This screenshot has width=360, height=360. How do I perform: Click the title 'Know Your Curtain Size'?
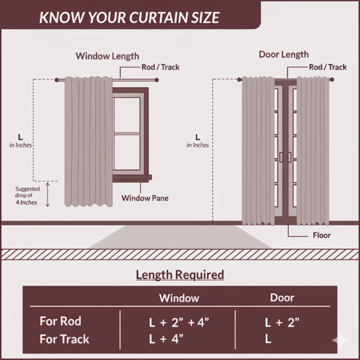tap(129, 17)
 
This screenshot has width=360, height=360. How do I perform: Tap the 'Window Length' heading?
tap(107, 56)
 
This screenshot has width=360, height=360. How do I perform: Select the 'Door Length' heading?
tap(284, 54)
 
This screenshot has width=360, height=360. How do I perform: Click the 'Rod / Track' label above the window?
tap(160, 67)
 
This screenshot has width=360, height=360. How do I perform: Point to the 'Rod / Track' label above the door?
tap(328, 67)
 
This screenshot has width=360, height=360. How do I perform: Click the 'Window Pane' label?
tap(145, 198)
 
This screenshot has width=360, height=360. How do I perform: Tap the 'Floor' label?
tap(321, 235)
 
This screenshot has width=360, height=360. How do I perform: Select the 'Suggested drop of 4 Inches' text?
tap(27, 195)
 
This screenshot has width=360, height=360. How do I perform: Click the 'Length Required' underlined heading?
tap(180, 275)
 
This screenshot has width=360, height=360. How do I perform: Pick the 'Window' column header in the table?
tap(179, 298)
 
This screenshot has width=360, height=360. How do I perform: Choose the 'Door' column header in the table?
tap(282, 298)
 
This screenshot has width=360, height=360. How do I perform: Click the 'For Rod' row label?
tap(60, 321)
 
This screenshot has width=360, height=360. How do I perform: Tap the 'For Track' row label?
tap(64, 339)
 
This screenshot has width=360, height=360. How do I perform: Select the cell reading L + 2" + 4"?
tap(176, 322)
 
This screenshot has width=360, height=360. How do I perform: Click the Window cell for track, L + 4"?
tap(166, 339)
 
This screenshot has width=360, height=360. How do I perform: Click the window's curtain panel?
tap(88, 141)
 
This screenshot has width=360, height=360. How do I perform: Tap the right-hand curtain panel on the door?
tap(313, 151)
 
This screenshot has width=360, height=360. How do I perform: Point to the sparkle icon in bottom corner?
tap(340, 341)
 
